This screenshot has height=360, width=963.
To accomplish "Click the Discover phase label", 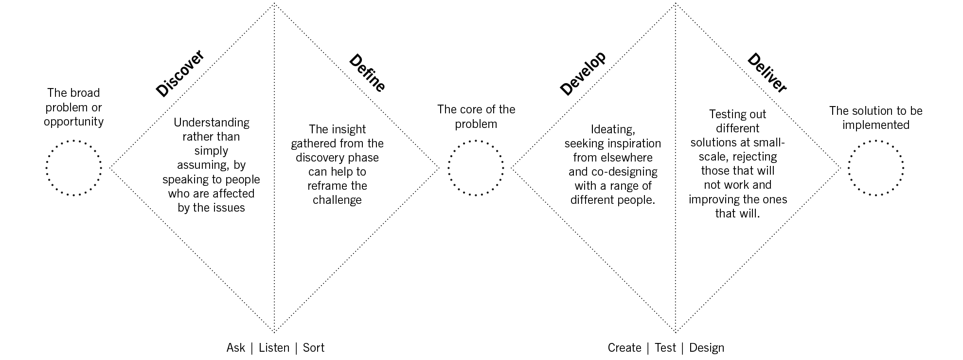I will (x=180, y=73).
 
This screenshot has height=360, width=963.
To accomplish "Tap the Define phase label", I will (x=367, y=73).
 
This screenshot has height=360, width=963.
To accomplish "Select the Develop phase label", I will (x=583, y=73).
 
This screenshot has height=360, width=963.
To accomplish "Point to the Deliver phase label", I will (x=767, y=73).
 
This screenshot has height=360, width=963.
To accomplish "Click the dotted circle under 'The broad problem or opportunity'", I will (x=74, y=168).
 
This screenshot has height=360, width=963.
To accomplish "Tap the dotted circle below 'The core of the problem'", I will (x=476, y=168).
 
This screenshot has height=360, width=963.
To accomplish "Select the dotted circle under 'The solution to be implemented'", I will (x=876, y=168).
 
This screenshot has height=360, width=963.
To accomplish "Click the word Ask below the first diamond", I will (x=236, y=348).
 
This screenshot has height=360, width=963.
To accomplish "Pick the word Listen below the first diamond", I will (x=274, y=348).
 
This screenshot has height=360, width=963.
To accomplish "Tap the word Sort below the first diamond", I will (x=313, y=348).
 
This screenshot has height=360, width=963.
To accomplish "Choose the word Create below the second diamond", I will (x=624, y=348).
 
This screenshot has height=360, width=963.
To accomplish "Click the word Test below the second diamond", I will (x=665, y=348).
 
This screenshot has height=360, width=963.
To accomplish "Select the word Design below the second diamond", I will (x=707, y=348).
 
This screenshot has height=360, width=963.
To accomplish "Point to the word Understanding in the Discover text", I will (x=212, y=123).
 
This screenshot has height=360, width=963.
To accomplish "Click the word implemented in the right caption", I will (x=876, y=125).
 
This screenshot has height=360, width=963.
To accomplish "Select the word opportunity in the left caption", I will (x=74, y=122).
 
